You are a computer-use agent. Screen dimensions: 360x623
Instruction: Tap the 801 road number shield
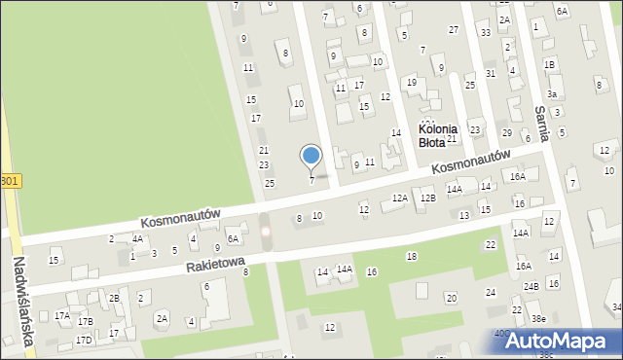tap(9, 181)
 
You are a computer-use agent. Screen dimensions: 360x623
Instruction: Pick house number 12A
tap(399, 198)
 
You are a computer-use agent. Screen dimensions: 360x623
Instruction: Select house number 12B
tap(428, 198)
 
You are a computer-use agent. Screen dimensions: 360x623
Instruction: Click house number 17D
tap(85, 340)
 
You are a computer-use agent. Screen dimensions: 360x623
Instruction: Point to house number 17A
tap(62, 315)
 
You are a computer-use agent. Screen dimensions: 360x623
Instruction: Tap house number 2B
tap(114, 298)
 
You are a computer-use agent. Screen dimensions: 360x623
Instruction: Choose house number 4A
tap(138, 238)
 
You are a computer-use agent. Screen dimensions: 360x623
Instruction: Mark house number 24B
tap(531, 286)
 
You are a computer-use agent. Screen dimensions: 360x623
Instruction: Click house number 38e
tap(537, 318)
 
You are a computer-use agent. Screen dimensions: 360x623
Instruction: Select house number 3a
tap(551, 94)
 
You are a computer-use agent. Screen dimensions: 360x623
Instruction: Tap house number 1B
tap(550, 64)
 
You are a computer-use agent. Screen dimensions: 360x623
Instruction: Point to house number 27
tap(454, 30)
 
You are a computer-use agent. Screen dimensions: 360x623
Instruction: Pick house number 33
tap(486, 33)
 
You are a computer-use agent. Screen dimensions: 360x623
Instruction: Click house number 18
tap(412, 256)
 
